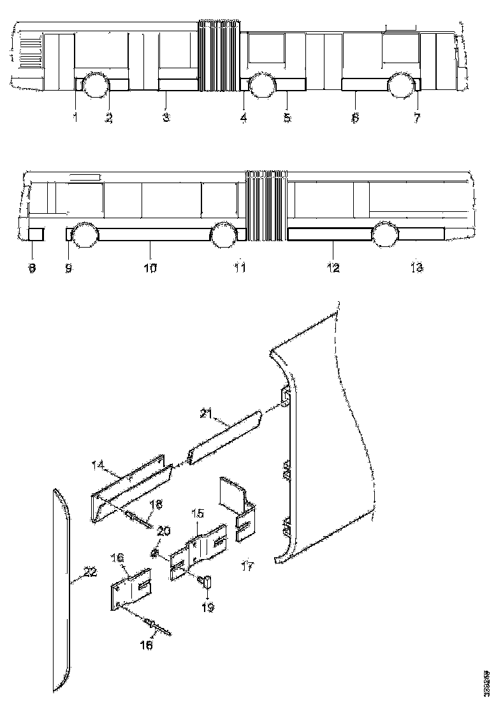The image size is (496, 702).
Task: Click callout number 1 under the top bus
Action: point(75,118)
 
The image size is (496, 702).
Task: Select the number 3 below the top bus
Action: point(166,118)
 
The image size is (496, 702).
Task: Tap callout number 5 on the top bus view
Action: point(287,118)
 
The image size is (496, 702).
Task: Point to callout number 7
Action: point(417,118)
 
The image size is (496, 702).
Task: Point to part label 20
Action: point(164,531)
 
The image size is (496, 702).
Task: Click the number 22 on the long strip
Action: point(91,572)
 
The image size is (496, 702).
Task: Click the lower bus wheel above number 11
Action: point(223,235)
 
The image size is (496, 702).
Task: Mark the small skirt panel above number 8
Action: point(36,234)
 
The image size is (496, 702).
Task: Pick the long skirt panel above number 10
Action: point(154,234)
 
